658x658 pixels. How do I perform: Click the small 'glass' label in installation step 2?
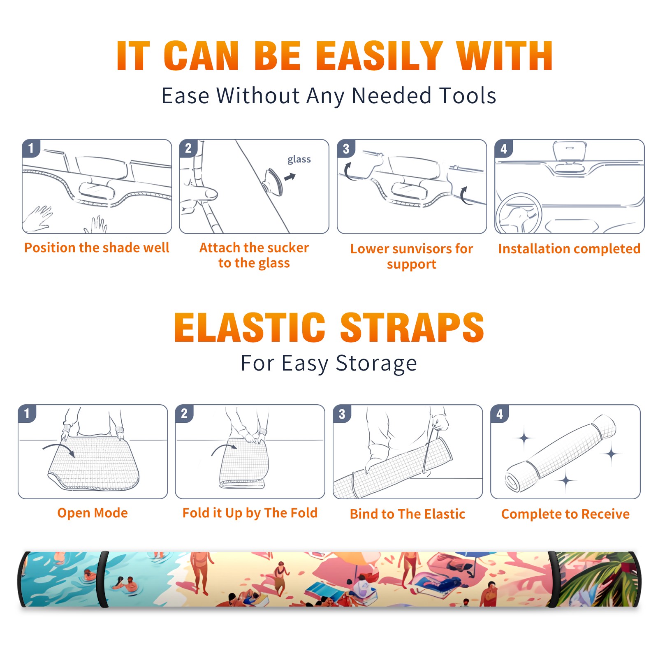coord(299,160)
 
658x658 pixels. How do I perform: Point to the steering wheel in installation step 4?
coord(519,213)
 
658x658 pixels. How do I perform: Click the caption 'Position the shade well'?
coord(97,248)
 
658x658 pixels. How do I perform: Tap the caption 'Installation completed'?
coord(569,248)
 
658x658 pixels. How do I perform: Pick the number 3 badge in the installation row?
coord(346,149)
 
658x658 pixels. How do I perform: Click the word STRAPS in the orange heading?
coord(412,327)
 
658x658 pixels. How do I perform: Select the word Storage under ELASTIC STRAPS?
coord(376,364)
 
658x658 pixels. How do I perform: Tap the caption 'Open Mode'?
coord(93,513)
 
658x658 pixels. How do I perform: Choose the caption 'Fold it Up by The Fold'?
coord(250,513)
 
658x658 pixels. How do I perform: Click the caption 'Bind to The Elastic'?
coord(408,514)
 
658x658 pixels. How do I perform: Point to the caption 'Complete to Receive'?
coord(565,514)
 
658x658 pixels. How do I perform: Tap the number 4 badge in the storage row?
coord(500,414)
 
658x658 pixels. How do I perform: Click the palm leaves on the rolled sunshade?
coord(596,580)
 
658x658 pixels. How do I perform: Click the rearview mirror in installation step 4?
coord(570,151)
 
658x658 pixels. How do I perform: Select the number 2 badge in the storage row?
coord(184,414)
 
